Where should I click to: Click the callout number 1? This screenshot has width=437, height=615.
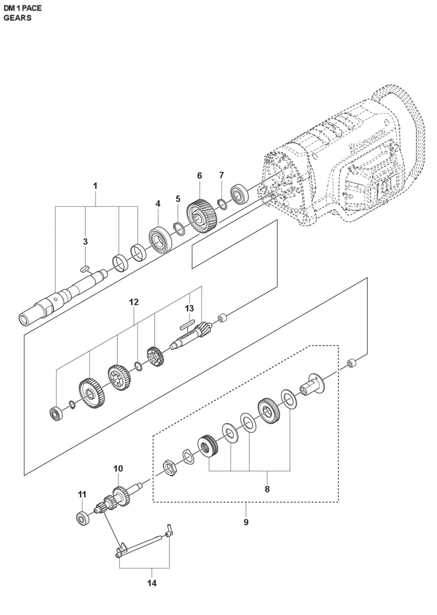(95, 186)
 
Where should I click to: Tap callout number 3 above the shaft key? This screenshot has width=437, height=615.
(85, 242)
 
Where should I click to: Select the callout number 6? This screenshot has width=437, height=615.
(199, 176)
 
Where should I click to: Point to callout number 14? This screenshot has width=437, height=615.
(152, 583)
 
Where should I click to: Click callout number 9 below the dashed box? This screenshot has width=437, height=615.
(246, 522)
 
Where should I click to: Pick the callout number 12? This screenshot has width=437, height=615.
(134, 302)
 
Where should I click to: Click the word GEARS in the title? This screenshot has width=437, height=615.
(17, 18)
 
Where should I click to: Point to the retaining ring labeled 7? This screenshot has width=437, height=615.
(223, 204)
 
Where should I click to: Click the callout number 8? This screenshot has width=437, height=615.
(267, 489)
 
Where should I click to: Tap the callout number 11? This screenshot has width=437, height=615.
(82, 494)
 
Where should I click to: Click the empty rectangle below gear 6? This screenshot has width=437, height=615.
(234, 244)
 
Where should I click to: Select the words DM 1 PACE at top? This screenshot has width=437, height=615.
(23, 8)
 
